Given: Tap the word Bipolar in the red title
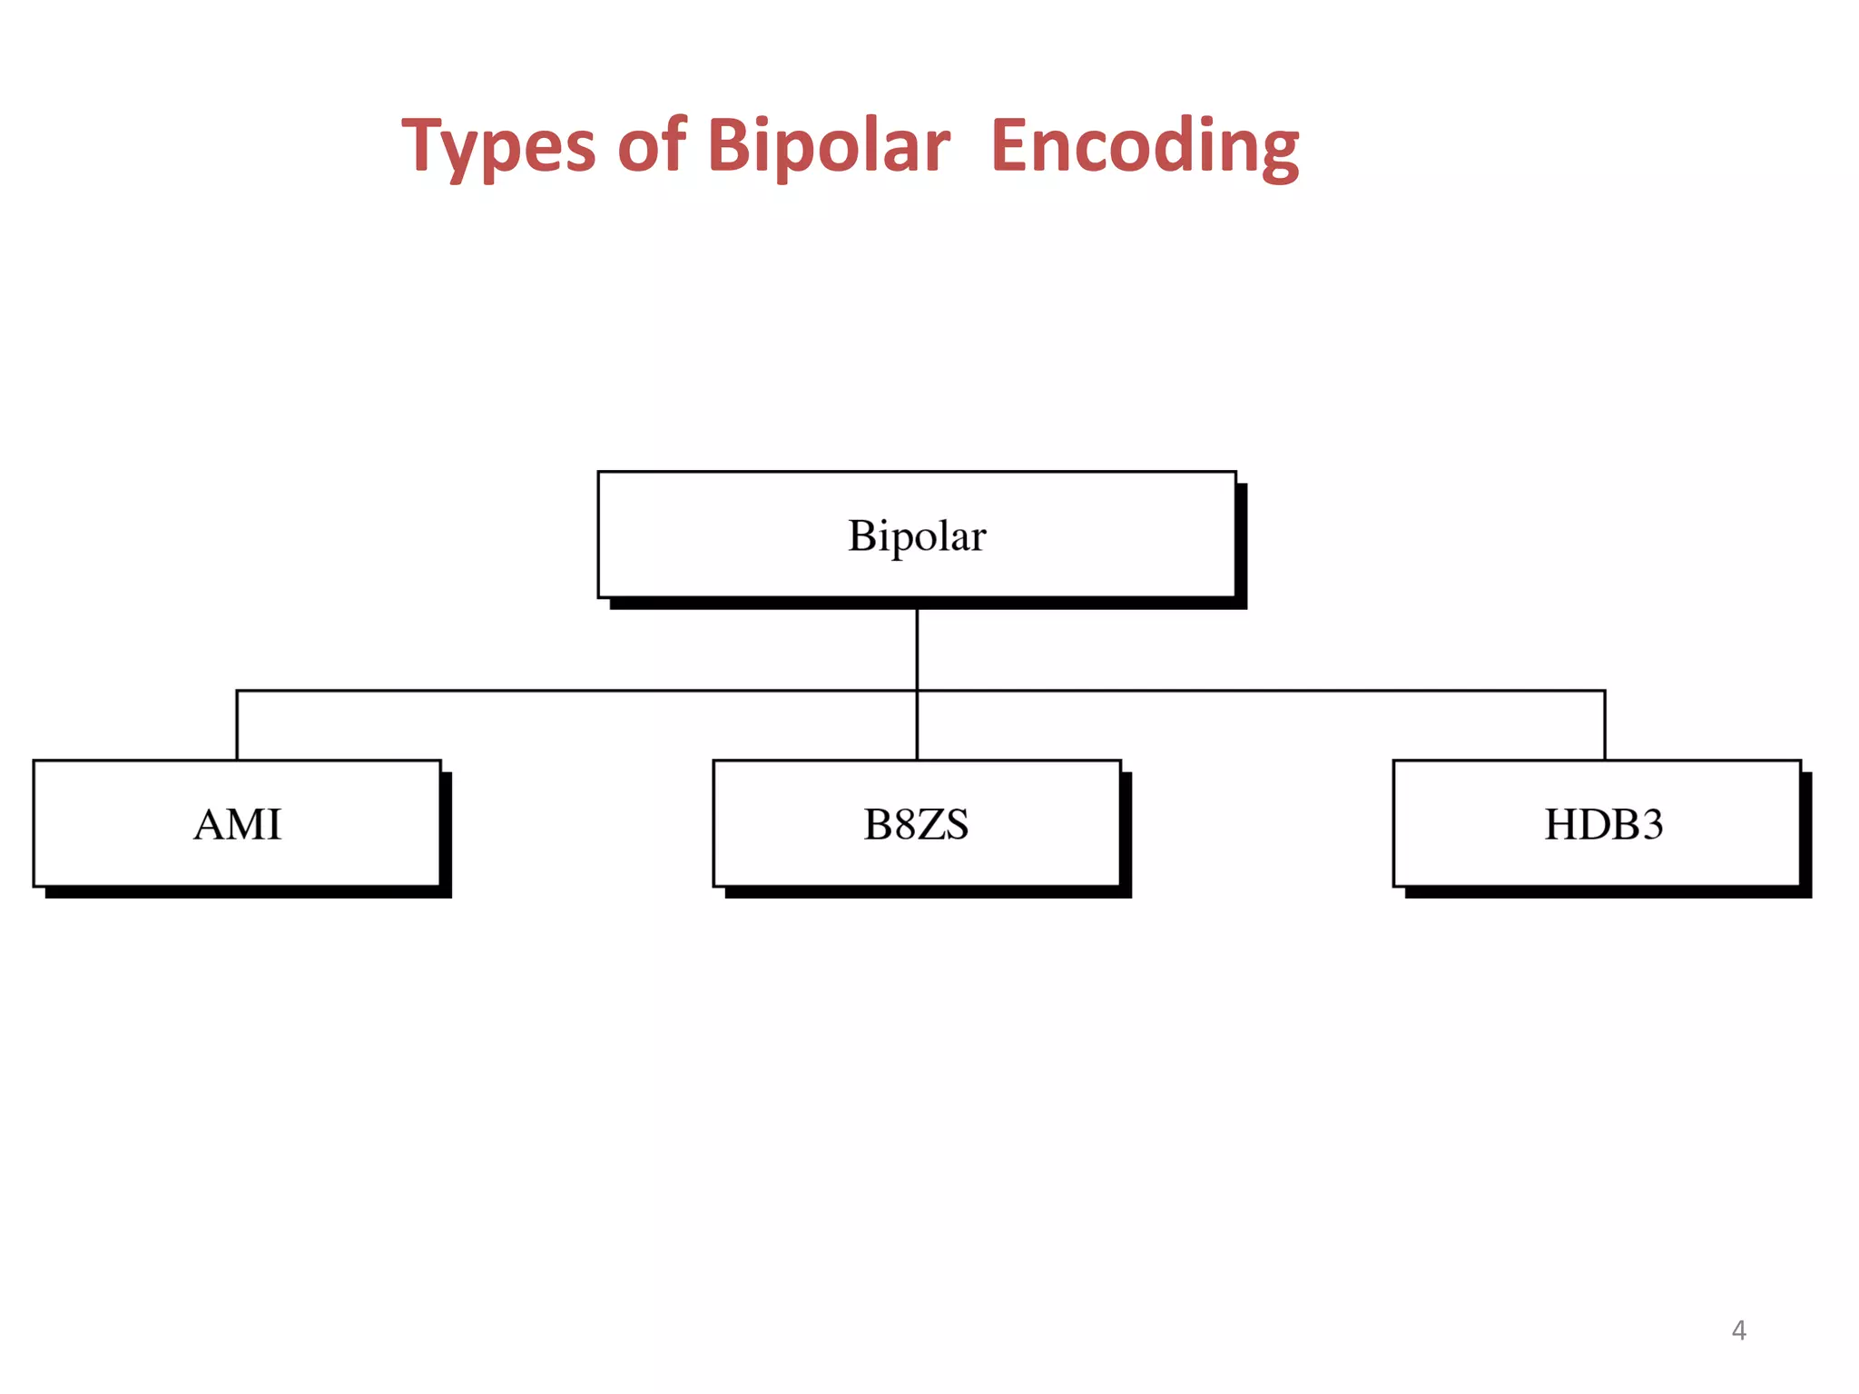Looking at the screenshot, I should pyautogui.click(x=828, y=147).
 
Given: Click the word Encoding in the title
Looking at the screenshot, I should pyautogui.click(x=1145, y=147).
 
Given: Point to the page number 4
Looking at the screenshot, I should pyautogui.click(x=1738, y=1330).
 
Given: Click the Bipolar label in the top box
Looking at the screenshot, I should pyautogui.click(x=917, y=535).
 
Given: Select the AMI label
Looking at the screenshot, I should pyautogui.click(x=238, y=825).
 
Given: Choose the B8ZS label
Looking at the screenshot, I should pyautogui.click(x=916, y=825).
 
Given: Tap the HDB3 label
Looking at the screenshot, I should pyautogui.click(x=1604, y=825).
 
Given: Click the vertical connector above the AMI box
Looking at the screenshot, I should pyautogui.click(x=237, y=726).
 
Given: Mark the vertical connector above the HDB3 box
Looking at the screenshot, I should pyautogui.click(x=1605, y=726).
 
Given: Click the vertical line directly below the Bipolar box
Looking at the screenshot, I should pyautogui.click(x=917, y=649).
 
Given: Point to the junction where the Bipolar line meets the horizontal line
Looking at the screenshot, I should pyautogui.click(x=917, y=691).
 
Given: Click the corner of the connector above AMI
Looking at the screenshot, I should pyautogui.click(x=237, y=691).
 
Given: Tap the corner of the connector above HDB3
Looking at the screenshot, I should pyautogui.click(x=1605, y=691).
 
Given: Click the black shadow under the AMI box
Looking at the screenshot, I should pyautogui.click(x=245, y=892).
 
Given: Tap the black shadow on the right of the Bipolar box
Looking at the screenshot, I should pyautogui.click(x=1241, y=545).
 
